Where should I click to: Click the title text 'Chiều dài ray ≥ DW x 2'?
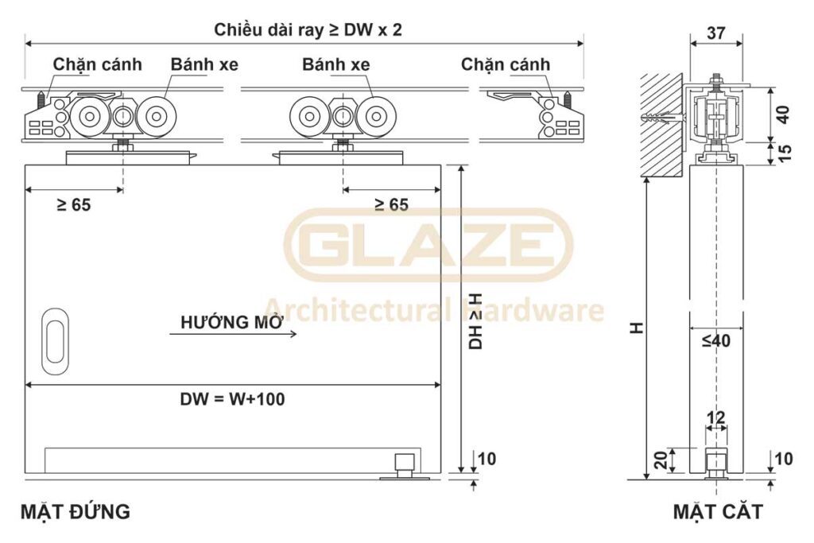coord(308,29)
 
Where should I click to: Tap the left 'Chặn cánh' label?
coord(97,64)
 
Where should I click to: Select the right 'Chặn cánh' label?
coord(505,64)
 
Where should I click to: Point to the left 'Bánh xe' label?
coord(204,64)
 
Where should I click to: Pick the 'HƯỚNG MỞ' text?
coord(232,322)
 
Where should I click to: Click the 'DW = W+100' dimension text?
coord(233,398)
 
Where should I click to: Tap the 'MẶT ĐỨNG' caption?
coord(76,512)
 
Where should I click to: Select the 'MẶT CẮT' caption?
coord(718,512)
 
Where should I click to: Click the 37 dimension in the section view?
coord(716,33)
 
